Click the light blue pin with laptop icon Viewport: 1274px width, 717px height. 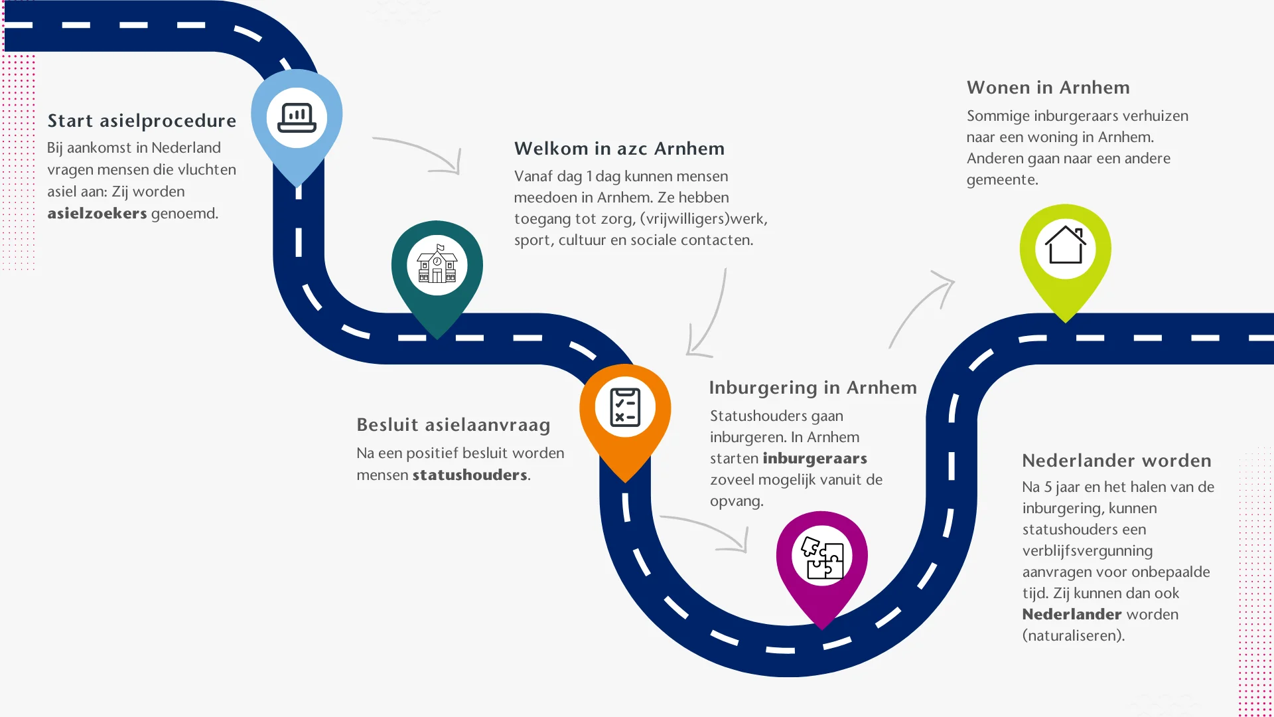[x=297, y=119]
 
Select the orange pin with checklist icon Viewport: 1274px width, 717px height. [x=625, y=409]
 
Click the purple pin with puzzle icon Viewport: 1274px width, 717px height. [x=821, y=558]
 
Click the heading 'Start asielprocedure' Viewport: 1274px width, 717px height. [x=141, y=121]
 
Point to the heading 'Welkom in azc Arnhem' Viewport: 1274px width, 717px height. [x=619, y=149]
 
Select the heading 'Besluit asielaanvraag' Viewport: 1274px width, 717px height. [x=453, y=425]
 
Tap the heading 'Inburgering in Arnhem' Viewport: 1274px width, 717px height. [x=813, y=388]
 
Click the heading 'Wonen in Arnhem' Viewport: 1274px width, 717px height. [x=1048, y=88]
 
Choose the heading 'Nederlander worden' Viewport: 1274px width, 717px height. [x=1116, y=461]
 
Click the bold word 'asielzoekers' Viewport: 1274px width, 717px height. [x=97, y=214]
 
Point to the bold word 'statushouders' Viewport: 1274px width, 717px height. [x=470, y=475]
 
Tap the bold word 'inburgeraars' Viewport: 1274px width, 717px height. [x=815, y=459]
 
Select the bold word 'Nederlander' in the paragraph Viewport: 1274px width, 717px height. [x=1072, y=615]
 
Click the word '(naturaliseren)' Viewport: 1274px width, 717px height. [x=1073, y=636]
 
